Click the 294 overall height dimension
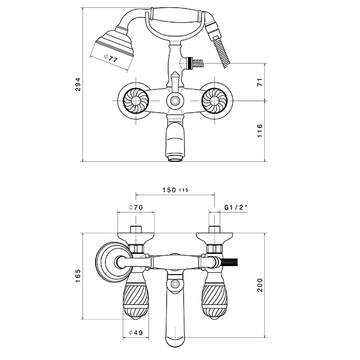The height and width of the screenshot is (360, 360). click(x=78, y=88)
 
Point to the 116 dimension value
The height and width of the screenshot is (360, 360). click(x=260, y=131)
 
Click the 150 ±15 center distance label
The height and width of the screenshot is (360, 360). click(x=175, y=190)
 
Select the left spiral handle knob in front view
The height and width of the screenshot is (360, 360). click(x=136, y=99)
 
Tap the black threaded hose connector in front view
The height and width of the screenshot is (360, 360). click(x=195, y=63)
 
